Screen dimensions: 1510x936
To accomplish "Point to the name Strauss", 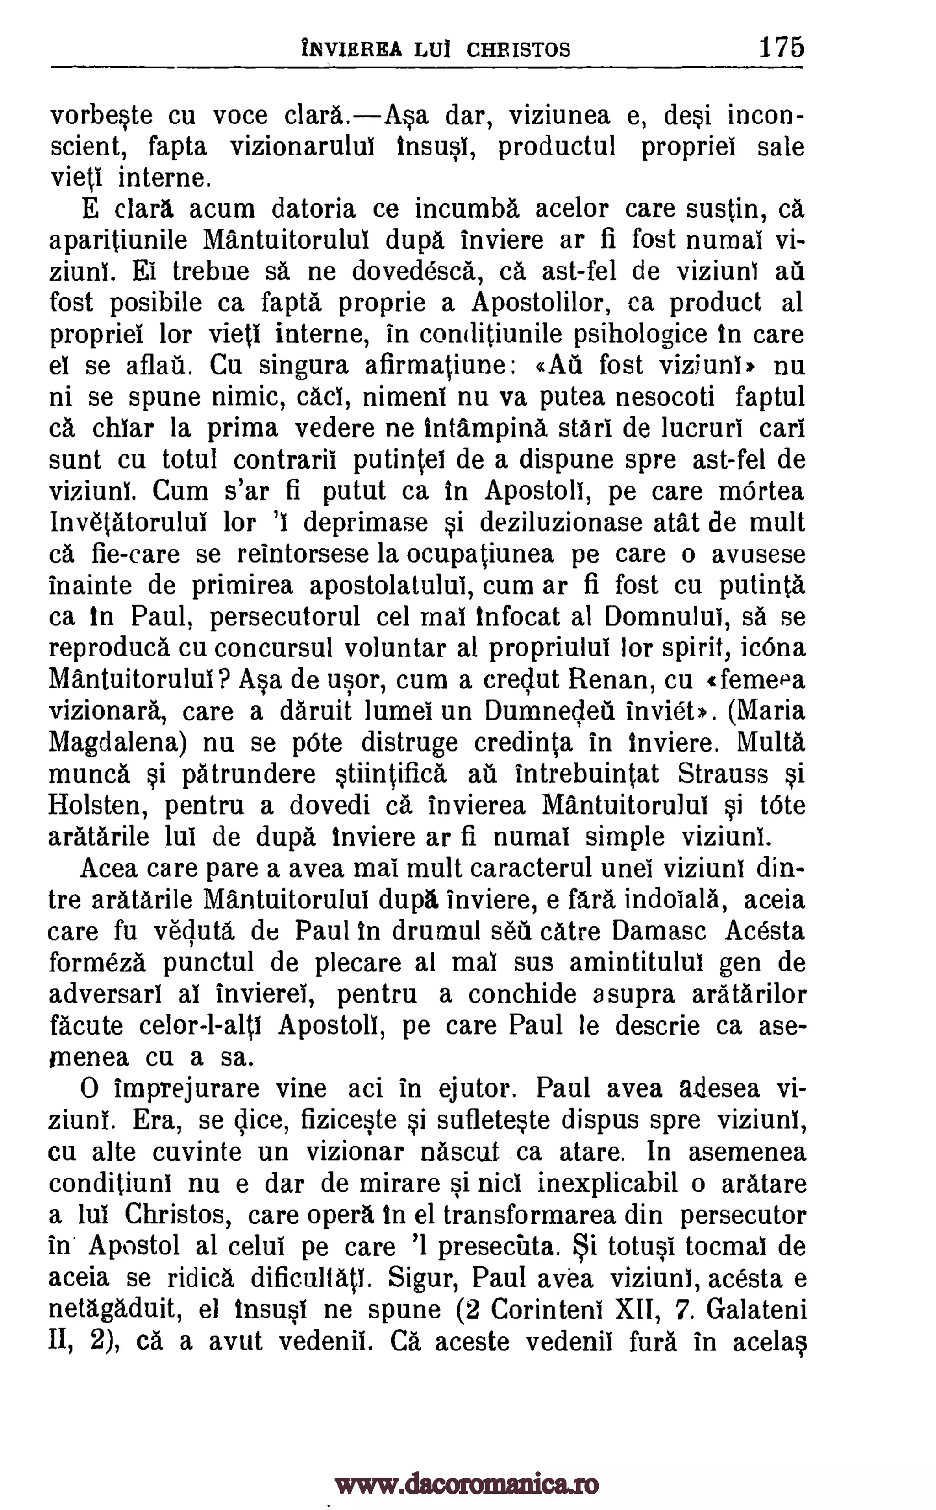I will pyautogui.click(x=723, y=774).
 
